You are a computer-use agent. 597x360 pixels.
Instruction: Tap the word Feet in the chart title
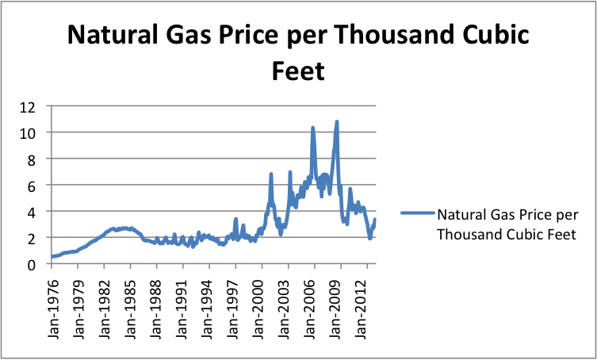297,70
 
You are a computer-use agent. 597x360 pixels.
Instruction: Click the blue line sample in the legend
417,213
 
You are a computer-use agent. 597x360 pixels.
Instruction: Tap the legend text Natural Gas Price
496,213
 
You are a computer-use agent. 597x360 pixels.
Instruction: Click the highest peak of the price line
337,122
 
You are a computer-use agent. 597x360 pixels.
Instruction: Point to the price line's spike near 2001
271,174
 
